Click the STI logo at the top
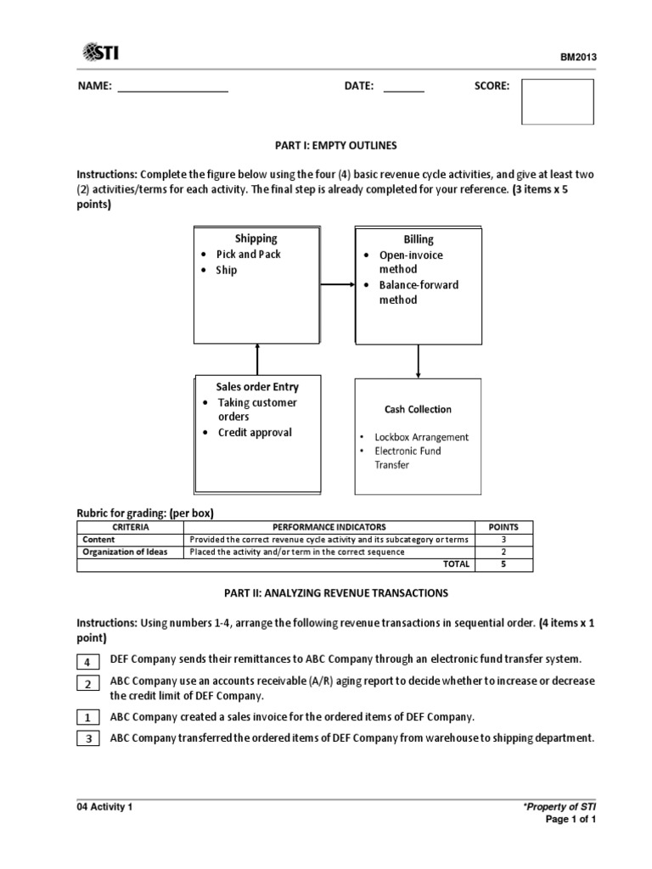(x=101, y=53)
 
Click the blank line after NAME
(x=172, y=87)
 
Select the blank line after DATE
(x=404, y=87)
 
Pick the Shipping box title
(x=256, y=238)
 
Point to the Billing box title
(x=419, y=240)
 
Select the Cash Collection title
(x=418, y=409)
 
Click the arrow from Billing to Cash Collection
(x=418, y=361)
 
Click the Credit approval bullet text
(x=254, y=432)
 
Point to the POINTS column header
(x=503, y=527)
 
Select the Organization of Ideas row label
(x=125, y=551)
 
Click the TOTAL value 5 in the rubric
(x=503, y=563)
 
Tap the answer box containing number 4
(x=88, y=661)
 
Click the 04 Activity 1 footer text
(x=105, y=807)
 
